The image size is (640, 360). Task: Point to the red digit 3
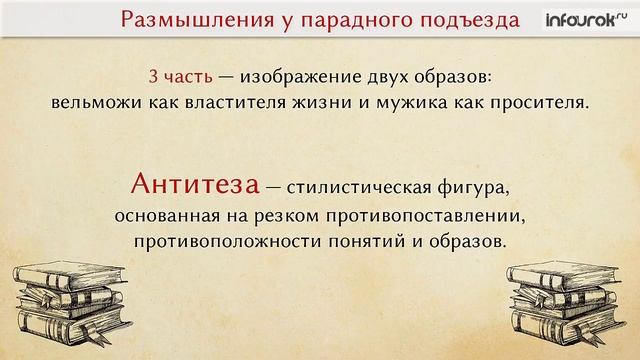point(153,77)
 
